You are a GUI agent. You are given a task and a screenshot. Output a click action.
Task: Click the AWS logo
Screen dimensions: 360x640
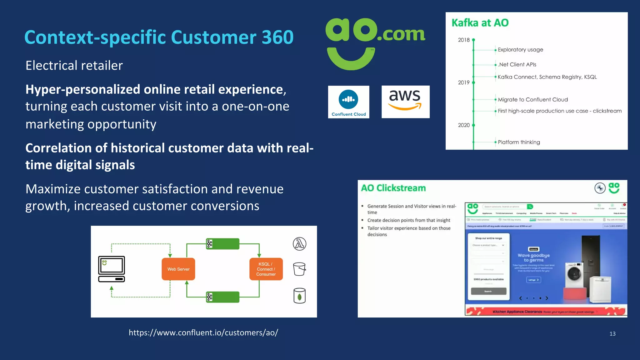pos(405,102)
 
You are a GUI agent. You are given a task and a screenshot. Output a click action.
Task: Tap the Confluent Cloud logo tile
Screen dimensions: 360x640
pos(348,102)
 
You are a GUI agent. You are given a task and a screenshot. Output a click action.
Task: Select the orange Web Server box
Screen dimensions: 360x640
pos(178,269)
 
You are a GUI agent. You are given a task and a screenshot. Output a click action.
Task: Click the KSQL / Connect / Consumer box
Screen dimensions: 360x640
pos(266,269)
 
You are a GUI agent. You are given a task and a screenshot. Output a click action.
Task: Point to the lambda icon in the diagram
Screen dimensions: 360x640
pos(299,244)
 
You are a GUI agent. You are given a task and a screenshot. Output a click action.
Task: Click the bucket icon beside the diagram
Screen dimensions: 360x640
pos(299,269)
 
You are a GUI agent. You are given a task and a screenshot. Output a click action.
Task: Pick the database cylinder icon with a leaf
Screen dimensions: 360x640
pos(299,296)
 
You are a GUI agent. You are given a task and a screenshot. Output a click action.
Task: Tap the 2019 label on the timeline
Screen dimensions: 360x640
pos(463,82)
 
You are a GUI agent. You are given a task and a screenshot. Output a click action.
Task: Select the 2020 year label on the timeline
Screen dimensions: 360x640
pos(463,125)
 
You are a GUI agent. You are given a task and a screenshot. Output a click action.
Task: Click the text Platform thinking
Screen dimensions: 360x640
pos(519,142)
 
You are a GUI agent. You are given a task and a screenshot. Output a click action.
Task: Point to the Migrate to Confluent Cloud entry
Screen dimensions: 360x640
pos(532,100)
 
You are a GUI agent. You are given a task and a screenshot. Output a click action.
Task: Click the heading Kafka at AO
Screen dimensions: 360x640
pos(480,23)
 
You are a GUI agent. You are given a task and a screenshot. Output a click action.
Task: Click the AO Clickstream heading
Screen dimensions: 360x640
pos(393,188)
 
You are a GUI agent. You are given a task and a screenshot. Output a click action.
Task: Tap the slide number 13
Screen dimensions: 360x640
pos(612,334)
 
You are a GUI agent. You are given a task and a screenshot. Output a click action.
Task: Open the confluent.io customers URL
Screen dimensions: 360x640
pos(203,332)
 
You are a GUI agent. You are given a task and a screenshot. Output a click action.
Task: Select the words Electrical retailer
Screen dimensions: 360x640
pos(74,66)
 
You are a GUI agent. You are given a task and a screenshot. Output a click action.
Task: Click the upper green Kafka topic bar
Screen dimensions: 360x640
pos(223,244)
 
